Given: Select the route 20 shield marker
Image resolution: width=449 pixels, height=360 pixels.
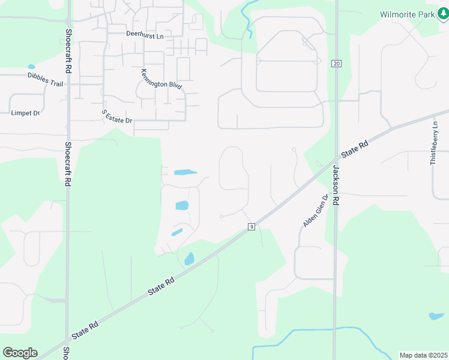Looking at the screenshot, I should point(336,64).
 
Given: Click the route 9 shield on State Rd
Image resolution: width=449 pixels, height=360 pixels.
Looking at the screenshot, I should point(252,226).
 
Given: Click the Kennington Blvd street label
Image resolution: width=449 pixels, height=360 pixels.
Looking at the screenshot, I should point(161,79).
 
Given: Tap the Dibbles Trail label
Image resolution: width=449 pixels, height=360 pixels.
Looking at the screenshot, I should point(45,79).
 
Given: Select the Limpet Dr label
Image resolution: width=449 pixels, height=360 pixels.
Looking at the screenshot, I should point(25,113).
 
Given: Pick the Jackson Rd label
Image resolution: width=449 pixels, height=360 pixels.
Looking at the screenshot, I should point(336,186).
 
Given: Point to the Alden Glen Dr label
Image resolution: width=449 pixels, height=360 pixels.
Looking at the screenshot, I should point(316,211).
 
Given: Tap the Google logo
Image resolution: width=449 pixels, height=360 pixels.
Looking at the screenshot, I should point(20,353).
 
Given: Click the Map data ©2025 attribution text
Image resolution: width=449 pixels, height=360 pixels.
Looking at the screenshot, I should point(423,355).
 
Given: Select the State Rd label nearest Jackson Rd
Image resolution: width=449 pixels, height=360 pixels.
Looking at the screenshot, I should point(355,150).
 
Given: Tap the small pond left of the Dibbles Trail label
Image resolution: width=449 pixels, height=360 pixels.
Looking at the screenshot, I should point(31,67).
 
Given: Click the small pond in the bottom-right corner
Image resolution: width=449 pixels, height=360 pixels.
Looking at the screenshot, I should point(436,316).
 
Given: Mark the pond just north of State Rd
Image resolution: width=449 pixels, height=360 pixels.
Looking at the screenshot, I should point(189,259).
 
